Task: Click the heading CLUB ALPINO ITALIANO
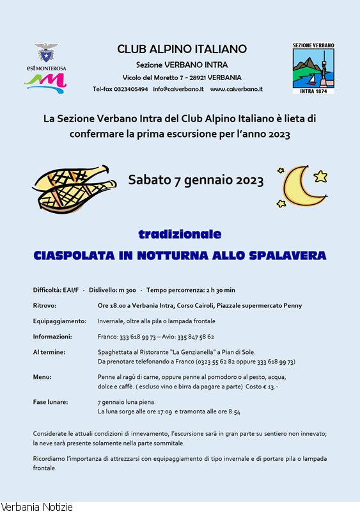click(182, 49)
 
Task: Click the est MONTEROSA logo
click(45, 67)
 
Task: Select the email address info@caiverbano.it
click(178, 89)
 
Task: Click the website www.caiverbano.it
click(236, 89)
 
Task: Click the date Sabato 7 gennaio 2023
click(196, 180)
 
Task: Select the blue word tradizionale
click(180, 234)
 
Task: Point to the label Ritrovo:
click(45, 305)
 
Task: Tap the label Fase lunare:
click(51, 402)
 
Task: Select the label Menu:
click(42, 377)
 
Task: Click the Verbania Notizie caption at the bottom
click(36, 507)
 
